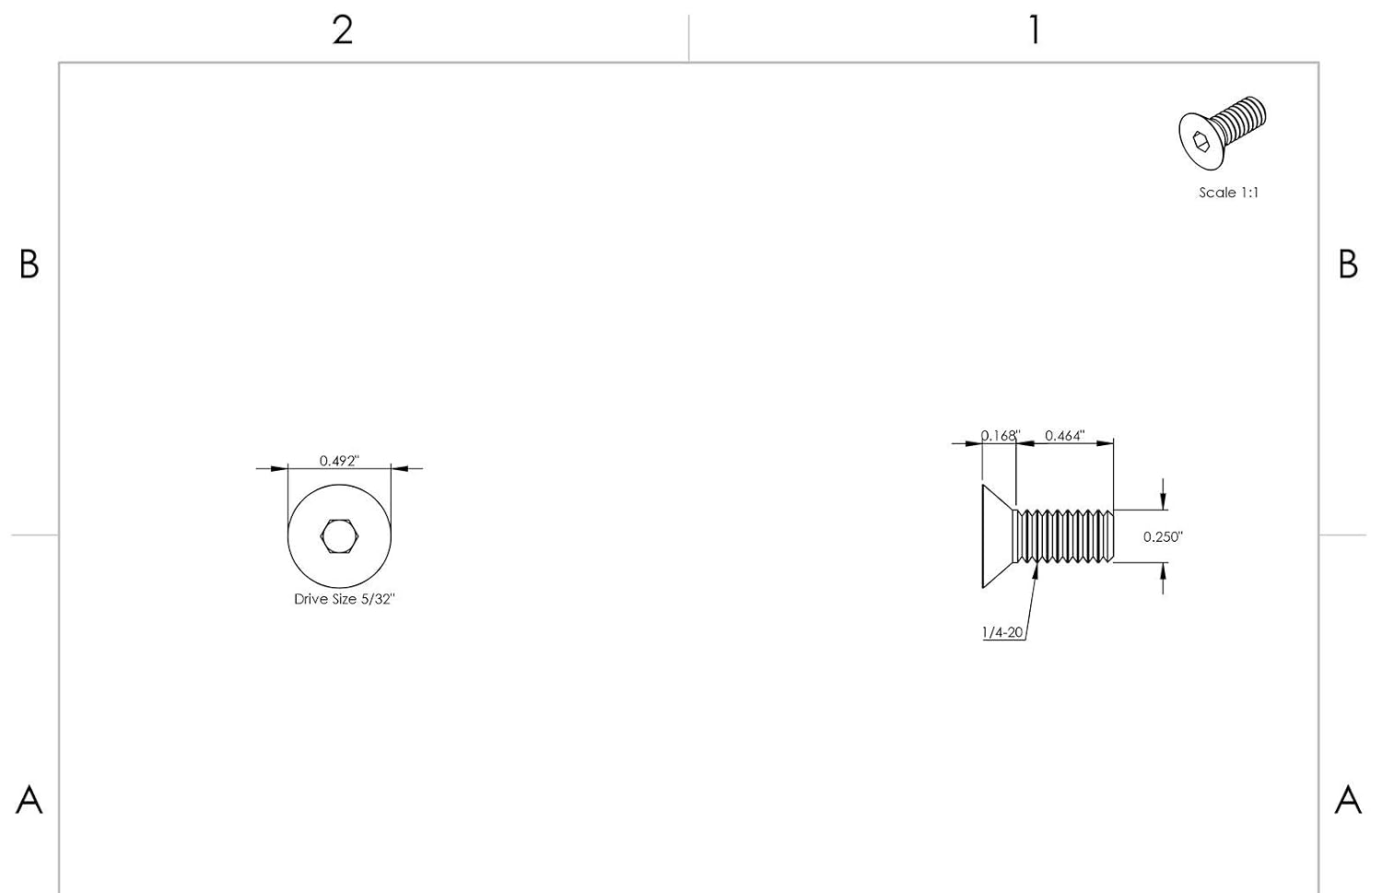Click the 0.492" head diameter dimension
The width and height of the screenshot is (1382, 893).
[339, 461]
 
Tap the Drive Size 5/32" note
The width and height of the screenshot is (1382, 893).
[345, 599]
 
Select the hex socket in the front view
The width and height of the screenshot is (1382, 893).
[339, 535]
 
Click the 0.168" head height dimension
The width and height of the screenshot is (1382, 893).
[1001, 436]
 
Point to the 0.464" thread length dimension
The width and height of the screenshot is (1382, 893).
[1064, 436]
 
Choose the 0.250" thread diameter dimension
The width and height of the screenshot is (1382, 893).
[1163, 537]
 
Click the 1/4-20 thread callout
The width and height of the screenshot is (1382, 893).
[1002, 632]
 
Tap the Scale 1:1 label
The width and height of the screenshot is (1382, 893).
[1228, 193]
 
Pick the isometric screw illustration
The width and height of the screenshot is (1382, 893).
[1223, 133]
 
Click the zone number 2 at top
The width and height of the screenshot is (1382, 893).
[343, 29]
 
